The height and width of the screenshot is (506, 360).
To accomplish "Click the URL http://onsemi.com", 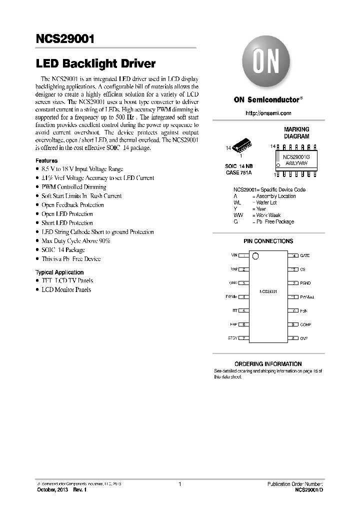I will coord(267,113).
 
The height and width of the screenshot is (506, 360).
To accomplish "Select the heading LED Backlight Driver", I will coord(95,64).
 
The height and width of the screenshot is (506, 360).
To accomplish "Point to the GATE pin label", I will coord(305,255).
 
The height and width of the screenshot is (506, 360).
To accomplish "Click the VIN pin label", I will coord(234,255).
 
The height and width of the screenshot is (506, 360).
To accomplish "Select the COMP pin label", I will coord(305,324).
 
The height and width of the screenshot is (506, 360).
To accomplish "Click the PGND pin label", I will coord(305,283).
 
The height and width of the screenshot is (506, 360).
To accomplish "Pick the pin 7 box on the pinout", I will coord(243,338).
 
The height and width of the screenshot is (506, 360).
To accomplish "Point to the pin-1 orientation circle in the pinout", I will coord(255,256).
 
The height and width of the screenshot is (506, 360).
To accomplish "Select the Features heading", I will coord(46,160).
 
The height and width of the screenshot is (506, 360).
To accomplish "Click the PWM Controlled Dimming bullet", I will coord(73,187).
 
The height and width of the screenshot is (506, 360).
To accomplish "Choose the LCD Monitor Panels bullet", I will coord(66,289).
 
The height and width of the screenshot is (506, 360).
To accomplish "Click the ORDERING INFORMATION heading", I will coord(268,364).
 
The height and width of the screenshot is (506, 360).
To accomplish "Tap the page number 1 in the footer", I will coord(179,484).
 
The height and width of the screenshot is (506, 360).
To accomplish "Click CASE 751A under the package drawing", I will coord(238,172).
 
